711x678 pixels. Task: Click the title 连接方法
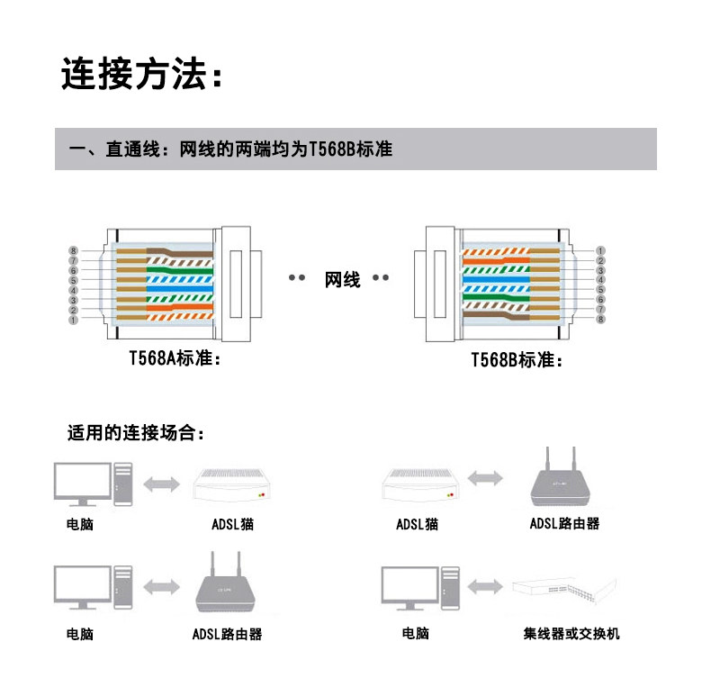coord(140,75)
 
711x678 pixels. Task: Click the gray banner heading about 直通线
coord(355,149)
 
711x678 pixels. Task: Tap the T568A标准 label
coord(174,358)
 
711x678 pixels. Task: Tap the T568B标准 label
coord(517,360)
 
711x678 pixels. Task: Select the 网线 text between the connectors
coord(342,280)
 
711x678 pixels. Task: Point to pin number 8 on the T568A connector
coord(74,250)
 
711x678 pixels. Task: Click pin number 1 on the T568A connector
coord(74,320)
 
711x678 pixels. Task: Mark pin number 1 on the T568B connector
coord(600,250)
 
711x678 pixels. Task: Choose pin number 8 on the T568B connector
coord(600,320)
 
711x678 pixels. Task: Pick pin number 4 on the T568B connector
coord(600,280)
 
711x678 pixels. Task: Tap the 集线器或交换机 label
coord(571,634)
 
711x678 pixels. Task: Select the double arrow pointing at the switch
coord(484,586)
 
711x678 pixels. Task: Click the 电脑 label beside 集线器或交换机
coord(415,634)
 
